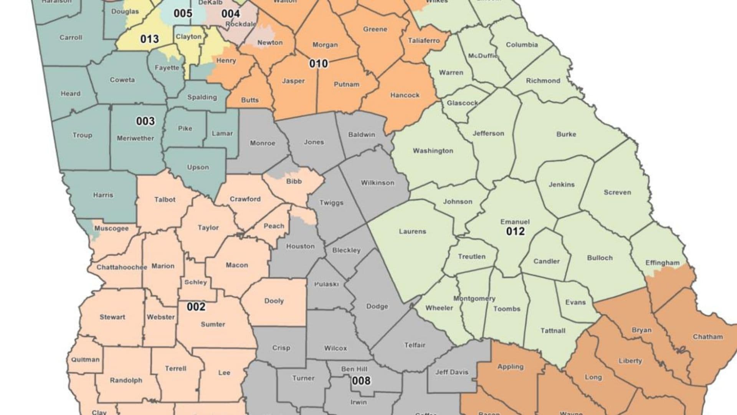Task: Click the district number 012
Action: [515, 231]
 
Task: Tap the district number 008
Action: [361, 381]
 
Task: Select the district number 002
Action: [196, 307]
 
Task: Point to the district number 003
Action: [145, 121]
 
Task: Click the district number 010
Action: [319, 63]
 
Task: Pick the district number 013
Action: [149, 39]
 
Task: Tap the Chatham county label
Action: [707, 337]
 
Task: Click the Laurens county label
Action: [412, 231]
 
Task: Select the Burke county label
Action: [566, 134]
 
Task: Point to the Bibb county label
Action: [294, 181]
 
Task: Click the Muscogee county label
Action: [111, 228]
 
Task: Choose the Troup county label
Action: [82, 135]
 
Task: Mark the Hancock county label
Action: [405, 95]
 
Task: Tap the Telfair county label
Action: [415, 345]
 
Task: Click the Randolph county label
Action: [126, 380]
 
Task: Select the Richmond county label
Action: [543, 81]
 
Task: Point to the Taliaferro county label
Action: [424, 40]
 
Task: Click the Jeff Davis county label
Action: [452, 372]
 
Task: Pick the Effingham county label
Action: [662, 263]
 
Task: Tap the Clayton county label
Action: [188, 37]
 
